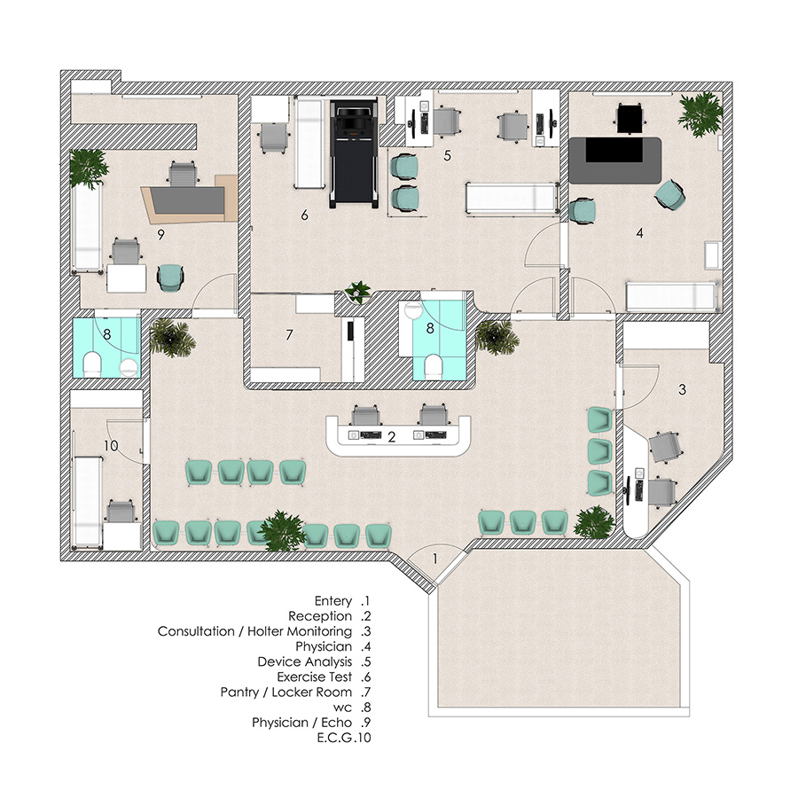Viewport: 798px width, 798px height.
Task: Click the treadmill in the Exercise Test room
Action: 354,153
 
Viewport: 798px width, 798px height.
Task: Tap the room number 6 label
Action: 304,215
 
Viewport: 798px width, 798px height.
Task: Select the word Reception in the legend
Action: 320,616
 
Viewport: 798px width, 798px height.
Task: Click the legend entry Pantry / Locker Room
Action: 286,692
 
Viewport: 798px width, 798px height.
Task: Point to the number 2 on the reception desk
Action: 391,437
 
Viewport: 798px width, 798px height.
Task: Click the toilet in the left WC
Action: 93,365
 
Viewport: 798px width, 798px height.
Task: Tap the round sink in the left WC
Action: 129,367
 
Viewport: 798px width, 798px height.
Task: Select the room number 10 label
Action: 111,446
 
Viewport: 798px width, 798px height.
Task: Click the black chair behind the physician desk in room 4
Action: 631,118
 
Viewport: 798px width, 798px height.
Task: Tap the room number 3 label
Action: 682,390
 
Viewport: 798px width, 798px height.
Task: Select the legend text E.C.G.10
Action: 344,738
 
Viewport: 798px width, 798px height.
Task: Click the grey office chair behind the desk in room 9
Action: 183,174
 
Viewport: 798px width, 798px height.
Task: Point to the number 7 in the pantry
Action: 289,335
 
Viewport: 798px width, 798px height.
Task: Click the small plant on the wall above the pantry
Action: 359,292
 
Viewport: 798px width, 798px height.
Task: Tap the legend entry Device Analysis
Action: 305,662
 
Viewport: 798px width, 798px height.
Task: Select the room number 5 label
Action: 447,156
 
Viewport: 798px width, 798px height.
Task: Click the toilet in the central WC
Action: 433,366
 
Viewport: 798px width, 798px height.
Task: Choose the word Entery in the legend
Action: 333,601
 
